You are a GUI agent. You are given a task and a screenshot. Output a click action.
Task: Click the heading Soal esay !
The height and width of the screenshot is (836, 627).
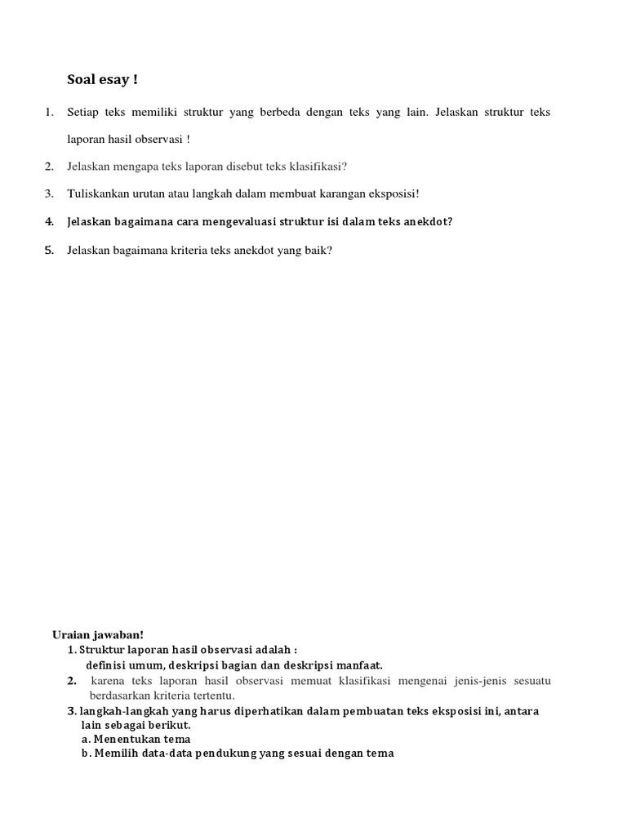point(102,80)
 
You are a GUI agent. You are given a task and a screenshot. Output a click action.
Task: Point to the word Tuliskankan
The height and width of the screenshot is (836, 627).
point(99,193)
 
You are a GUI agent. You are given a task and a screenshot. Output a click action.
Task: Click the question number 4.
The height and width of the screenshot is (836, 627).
point(49,221)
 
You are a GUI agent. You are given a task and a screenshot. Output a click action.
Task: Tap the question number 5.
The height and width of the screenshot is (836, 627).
point(49,250)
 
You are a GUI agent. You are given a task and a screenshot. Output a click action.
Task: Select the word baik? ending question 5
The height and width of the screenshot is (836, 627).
point(318,250)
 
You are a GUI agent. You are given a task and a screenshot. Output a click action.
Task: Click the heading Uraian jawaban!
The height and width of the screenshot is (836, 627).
point(97,634)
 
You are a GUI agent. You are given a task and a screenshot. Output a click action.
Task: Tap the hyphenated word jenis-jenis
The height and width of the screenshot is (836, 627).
point(464,680)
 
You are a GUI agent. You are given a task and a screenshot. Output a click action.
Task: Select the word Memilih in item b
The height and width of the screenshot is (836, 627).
point(115,754)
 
